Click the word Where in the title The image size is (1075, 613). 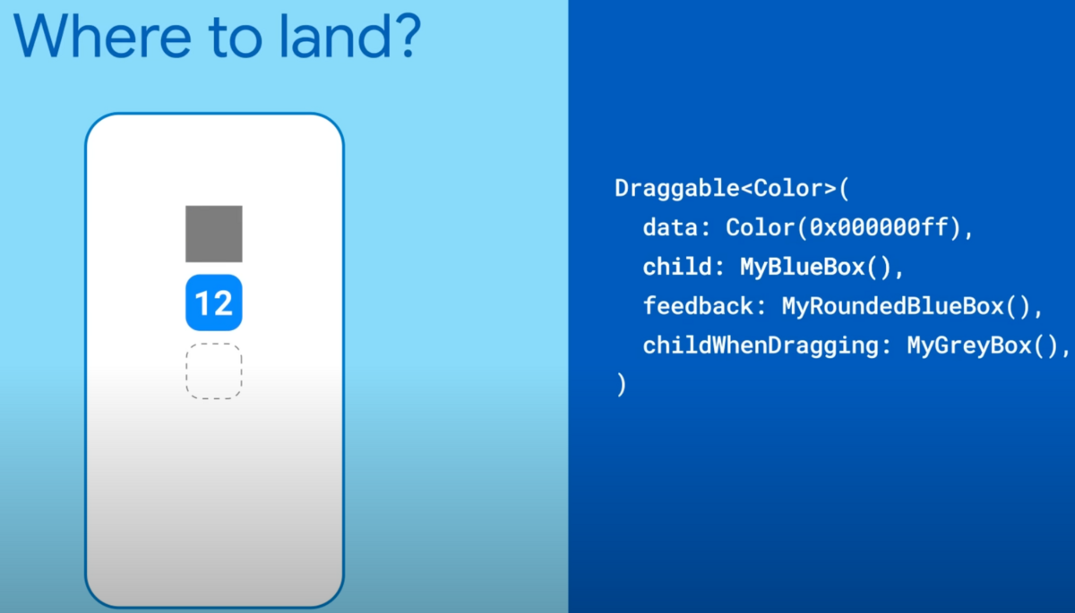[103, 37]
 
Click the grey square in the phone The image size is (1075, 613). [214, 234]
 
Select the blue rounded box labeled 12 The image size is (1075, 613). [214, 302]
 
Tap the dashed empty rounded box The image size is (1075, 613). [214, 371]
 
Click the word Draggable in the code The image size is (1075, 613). [677, 189]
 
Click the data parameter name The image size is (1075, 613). [670, 227]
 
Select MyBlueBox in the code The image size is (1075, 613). [803, 267]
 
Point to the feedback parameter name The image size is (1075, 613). [698, 306]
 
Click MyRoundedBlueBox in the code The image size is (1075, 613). [892, 306]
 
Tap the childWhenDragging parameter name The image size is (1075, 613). [761, 346]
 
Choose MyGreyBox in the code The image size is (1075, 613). [969, 346]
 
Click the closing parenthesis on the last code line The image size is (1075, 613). [622, 385]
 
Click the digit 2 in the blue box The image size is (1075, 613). [223, 303]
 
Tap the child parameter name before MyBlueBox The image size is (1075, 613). [677, 267]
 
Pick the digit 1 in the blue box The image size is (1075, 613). [202, 303]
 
